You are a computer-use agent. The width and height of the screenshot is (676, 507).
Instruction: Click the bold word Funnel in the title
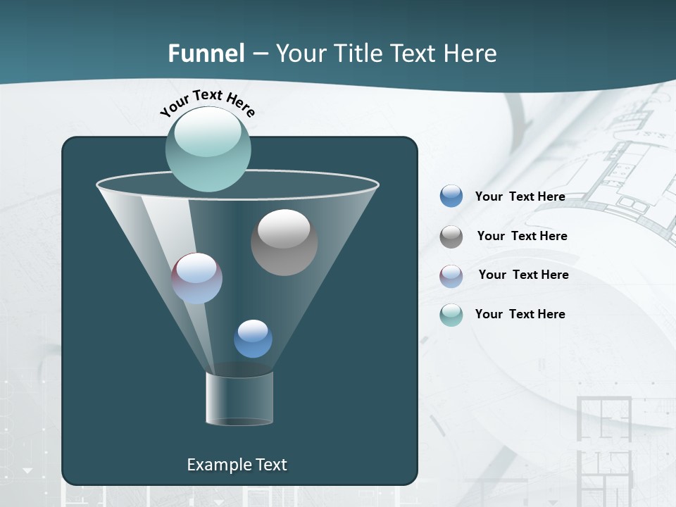point(206,54)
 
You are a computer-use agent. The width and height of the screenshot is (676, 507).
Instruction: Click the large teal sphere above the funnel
point(208,149)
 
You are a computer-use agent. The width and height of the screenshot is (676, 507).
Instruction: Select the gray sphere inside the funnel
point(284,242)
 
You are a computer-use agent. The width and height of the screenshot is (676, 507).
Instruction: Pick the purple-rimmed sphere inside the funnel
point(197,278)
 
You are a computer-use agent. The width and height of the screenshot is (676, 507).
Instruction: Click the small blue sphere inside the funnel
point(253,339)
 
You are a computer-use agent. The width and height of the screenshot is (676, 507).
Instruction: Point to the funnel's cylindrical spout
point(239,399)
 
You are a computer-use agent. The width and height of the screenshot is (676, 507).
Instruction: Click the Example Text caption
point(237,465)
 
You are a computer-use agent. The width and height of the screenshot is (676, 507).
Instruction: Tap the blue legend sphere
point(451,196)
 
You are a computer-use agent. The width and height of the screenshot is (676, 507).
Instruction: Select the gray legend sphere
point(451,236)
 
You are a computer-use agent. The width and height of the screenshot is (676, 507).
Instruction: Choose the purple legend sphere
point(451,275)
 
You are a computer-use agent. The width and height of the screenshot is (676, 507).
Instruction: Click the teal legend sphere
point(451,314)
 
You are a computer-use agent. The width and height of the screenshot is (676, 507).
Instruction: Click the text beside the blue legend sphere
point(520,197)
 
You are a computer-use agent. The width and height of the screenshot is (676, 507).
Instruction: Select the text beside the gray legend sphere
point(522,237)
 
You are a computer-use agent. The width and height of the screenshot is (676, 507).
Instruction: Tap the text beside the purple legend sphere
point(523,275)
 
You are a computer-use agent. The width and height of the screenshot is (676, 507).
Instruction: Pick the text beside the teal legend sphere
point(520,315)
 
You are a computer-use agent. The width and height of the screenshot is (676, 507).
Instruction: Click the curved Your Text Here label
point(208,103)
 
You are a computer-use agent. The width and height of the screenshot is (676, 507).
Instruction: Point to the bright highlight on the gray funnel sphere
point(284,228)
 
